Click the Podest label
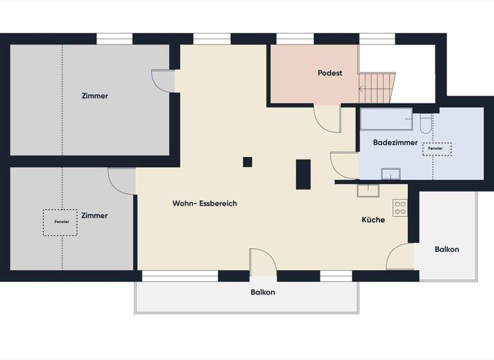click(329, 73)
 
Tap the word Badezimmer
click(395, 143)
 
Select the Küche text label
click(373, 220)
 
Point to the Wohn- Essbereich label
click(205, 203)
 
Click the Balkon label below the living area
click(262, 292)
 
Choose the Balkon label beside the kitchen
click(446, 249)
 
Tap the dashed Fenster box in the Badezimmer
click(436, 148)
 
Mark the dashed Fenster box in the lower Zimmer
click(60, 222)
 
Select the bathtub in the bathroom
click(386, 119)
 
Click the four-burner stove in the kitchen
click(400, 208)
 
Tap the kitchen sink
click(369, 190)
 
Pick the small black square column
click(248, 162)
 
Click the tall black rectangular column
click(303, 174)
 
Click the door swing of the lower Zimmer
click(122, 180)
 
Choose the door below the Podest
click(327, 119)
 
